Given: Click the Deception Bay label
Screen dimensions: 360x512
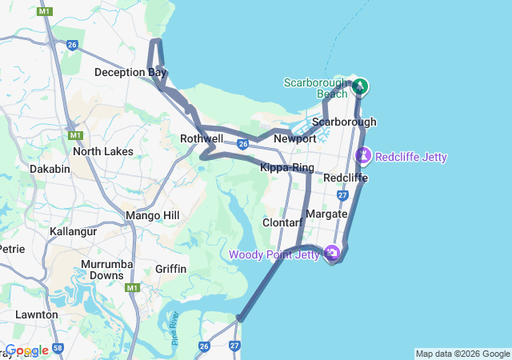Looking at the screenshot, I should coord(130,72).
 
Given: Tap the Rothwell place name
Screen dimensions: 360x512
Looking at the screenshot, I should coord(202,138).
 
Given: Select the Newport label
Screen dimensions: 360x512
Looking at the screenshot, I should coord(295,138).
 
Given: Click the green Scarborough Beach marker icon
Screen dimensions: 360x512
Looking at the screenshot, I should coord(359,86).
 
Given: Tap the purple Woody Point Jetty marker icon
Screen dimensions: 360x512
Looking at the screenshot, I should coord(332,254).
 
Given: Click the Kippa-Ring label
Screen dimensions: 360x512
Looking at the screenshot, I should coord(287,167).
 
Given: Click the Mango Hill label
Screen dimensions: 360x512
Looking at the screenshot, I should coord(153,215).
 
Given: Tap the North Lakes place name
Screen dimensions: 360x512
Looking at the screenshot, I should coord(102,150).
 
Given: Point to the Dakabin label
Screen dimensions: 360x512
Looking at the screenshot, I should coord(50,169).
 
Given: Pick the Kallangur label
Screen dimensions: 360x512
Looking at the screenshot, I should coord(73,231).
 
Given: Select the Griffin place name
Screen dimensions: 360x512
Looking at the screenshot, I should coord(171,269).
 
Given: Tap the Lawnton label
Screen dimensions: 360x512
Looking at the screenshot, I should coord(36,314).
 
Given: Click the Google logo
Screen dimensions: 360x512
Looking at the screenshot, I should coord(28,350).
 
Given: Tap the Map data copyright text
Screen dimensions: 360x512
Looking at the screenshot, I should coord(462,354).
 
